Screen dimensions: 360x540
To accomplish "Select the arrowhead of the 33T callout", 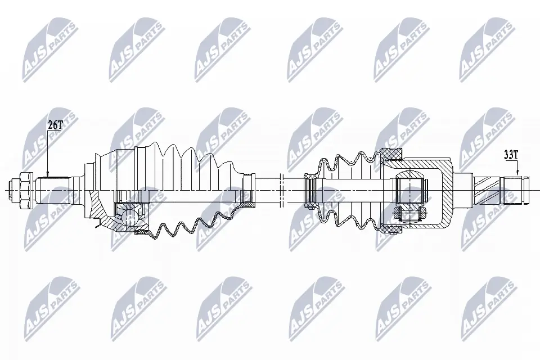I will pos(517,175).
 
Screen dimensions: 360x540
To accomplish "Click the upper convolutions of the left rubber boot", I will pos(186,155).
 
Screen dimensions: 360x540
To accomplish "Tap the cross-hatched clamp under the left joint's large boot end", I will pos(142,230).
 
